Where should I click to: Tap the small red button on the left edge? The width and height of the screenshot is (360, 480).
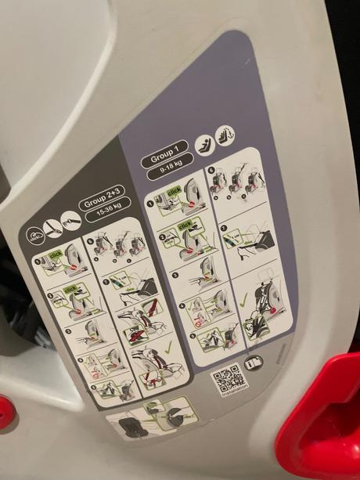point(5,410)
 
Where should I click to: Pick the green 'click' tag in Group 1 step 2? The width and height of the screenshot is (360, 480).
point(185,227)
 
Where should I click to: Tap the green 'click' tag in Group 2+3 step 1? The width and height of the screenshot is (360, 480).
point(56,255)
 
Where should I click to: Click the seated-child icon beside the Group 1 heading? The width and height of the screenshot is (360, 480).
point(203,143)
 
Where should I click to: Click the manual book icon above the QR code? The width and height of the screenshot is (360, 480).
point(253,362)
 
